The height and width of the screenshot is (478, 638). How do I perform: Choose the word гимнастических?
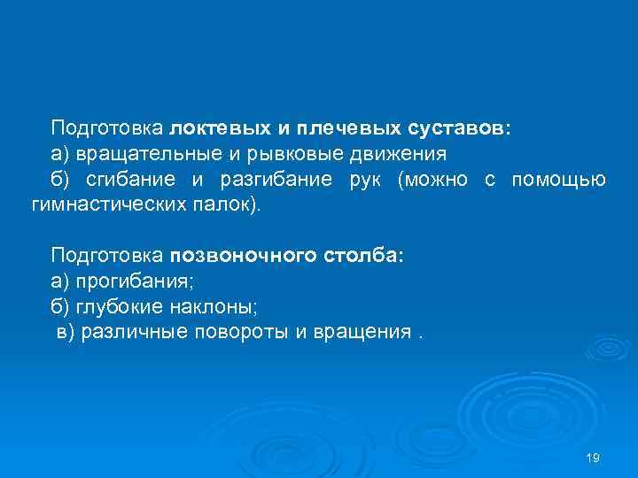tap(111, 205)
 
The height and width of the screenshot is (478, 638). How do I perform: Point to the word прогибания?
tap(134, 282)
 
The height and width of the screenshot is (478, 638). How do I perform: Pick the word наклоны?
tap(201, 308)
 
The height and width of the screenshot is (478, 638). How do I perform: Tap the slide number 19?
tap(594, 458)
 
